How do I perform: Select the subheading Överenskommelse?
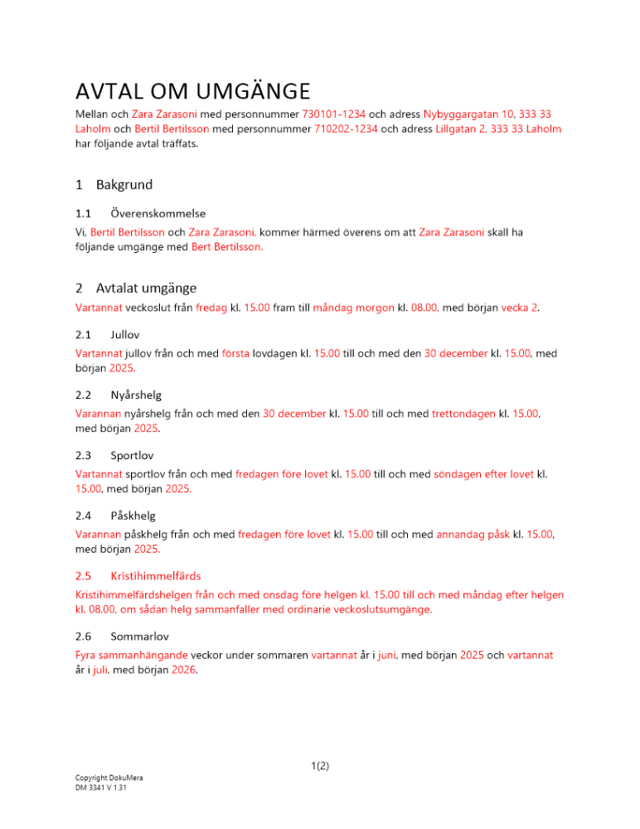[x=158, y=214]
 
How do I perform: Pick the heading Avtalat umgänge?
[x=146, y=288]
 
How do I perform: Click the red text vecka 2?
[x=521, y=308]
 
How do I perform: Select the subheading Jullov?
[x=125, y=335]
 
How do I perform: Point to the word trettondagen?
[x=463, y=413]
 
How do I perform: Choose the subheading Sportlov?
[x=132, y=455]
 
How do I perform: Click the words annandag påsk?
[x=473, y=535]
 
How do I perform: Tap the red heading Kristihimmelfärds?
[x=155, y=575]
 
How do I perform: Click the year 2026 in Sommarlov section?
[x=184, y=671]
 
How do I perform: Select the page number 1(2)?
[x=320, y=766]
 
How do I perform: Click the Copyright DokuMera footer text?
[x=109, y=778]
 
